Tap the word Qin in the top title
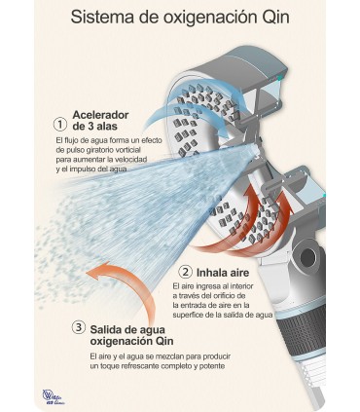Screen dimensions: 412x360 click(274, 17)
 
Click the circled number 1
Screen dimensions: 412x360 click(60, 124)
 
